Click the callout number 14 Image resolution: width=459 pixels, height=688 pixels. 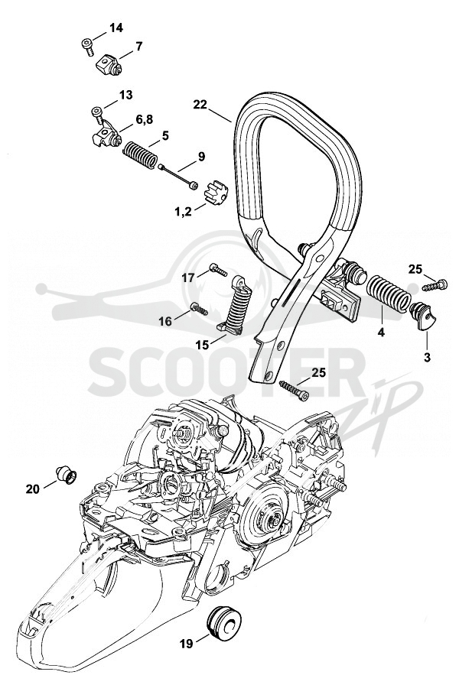pos(116,28)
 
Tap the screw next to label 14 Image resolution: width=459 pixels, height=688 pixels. pos(87,46)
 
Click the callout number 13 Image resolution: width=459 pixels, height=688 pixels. pos(126,96)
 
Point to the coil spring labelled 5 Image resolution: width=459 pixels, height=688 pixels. pos(138,155)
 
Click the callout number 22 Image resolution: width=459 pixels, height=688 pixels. pos(200,105)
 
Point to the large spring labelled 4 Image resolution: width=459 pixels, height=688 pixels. pos(388,294)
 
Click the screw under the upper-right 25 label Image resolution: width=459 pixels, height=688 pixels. pos(435,285)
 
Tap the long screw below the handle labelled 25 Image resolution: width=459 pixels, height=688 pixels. pos(294,390)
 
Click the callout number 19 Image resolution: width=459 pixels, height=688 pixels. pos(186,644)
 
